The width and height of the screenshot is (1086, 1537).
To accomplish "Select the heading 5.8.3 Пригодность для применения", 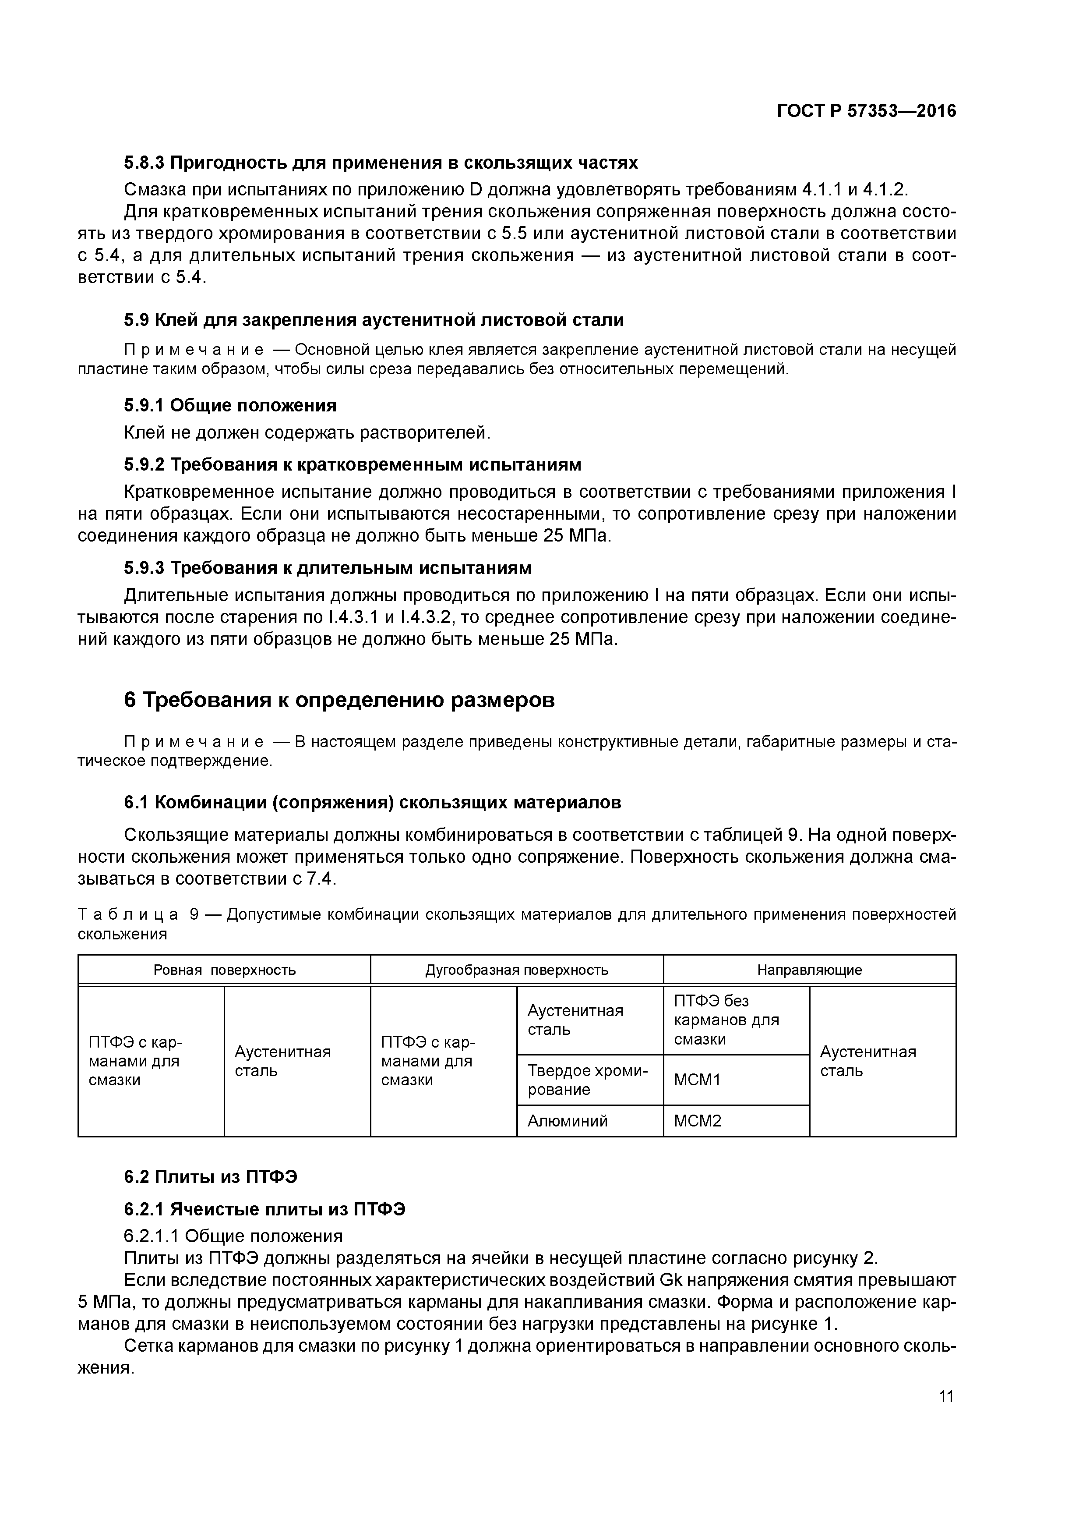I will click(381, 163).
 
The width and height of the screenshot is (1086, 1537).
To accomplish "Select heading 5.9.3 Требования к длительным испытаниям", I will click(328, 568).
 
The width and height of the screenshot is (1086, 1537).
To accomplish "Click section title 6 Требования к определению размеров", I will click(339, 700).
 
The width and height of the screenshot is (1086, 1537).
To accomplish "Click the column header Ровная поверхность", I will click(224, 970).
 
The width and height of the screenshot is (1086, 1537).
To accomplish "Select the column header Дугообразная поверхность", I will click(517, 970).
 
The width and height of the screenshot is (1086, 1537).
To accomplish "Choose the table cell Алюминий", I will click(568, 1121).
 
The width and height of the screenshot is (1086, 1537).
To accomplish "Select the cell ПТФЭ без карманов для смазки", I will click(726, 1020).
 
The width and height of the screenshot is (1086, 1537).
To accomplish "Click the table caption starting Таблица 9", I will click(517, 924).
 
